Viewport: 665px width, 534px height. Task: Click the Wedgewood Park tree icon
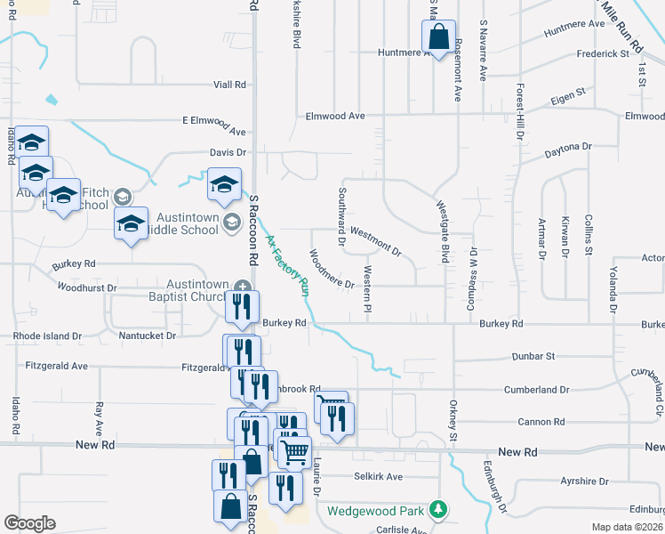[437, 510]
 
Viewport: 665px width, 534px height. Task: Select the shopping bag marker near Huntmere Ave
[438, 38]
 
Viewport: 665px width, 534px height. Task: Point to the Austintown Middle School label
[187, 223]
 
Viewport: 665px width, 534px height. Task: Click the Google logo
[29, 523]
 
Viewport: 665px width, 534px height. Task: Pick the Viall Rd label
[229, 85]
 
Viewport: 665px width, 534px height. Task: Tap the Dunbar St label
[533, 356]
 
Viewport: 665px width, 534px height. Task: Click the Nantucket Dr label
[146, 336]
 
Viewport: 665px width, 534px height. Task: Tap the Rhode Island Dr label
[47, 336]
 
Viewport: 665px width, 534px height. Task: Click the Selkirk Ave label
[378, 477]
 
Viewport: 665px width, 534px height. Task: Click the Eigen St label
[568, 93]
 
